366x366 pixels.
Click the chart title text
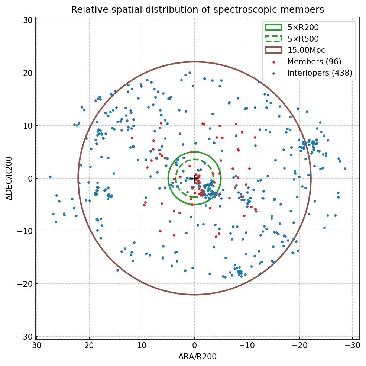click(x=197, y=9)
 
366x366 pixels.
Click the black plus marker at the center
click(x=194, y=179)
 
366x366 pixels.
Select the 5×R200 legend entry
click(x=303, y=27)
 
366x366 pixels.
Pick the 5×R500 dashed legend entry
click(x=303, y=39)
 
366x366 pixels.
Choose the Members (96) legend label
click(x=314, y=62)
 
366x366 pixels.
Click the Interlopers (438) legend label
click(x=320, y=73)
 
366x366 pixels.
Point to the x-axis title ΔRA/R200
click(x=197, y=357)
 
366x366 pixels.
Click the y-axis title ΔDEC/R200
click(x=9, y=179)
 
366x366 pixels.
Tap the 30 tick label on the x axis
click(x=36, y=345)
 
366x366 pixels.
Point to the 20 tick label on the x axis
click(x=89, y=345)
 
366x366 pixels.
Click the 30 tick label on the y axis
click(x=27, y=20)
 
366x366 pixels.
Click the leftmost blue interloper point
click(x=50, y=177)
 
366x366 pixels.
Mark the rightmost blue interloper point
click(x=345, y=168)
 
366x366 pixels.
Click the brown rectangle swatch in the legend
click(x=273, y=50)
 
